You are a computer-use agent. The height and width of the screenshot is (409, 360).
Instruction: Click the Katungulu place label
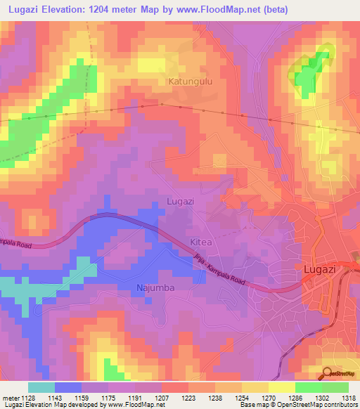pos(190,82)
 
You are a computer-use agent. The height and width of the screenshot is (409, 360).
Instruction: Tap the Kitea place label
pos(200,242)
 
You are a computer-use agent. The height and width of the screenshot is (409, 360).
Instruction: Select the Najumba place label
pos(155,288)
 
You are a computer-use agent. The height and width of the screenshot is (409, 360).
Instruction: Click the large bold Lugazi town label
pos(323,268)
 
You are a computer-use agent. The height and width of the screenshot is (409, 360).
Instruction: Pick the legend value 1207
pos(162,397)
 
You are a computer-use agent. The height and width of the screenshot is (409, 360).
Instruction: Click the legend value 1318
pos(349,397)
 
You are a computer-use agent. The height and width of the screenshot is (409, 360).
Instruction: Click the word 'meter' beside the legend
pos(9,397)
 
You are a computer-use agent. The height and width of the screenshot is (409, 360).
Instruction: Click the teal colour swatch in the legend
pos(41,387)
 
